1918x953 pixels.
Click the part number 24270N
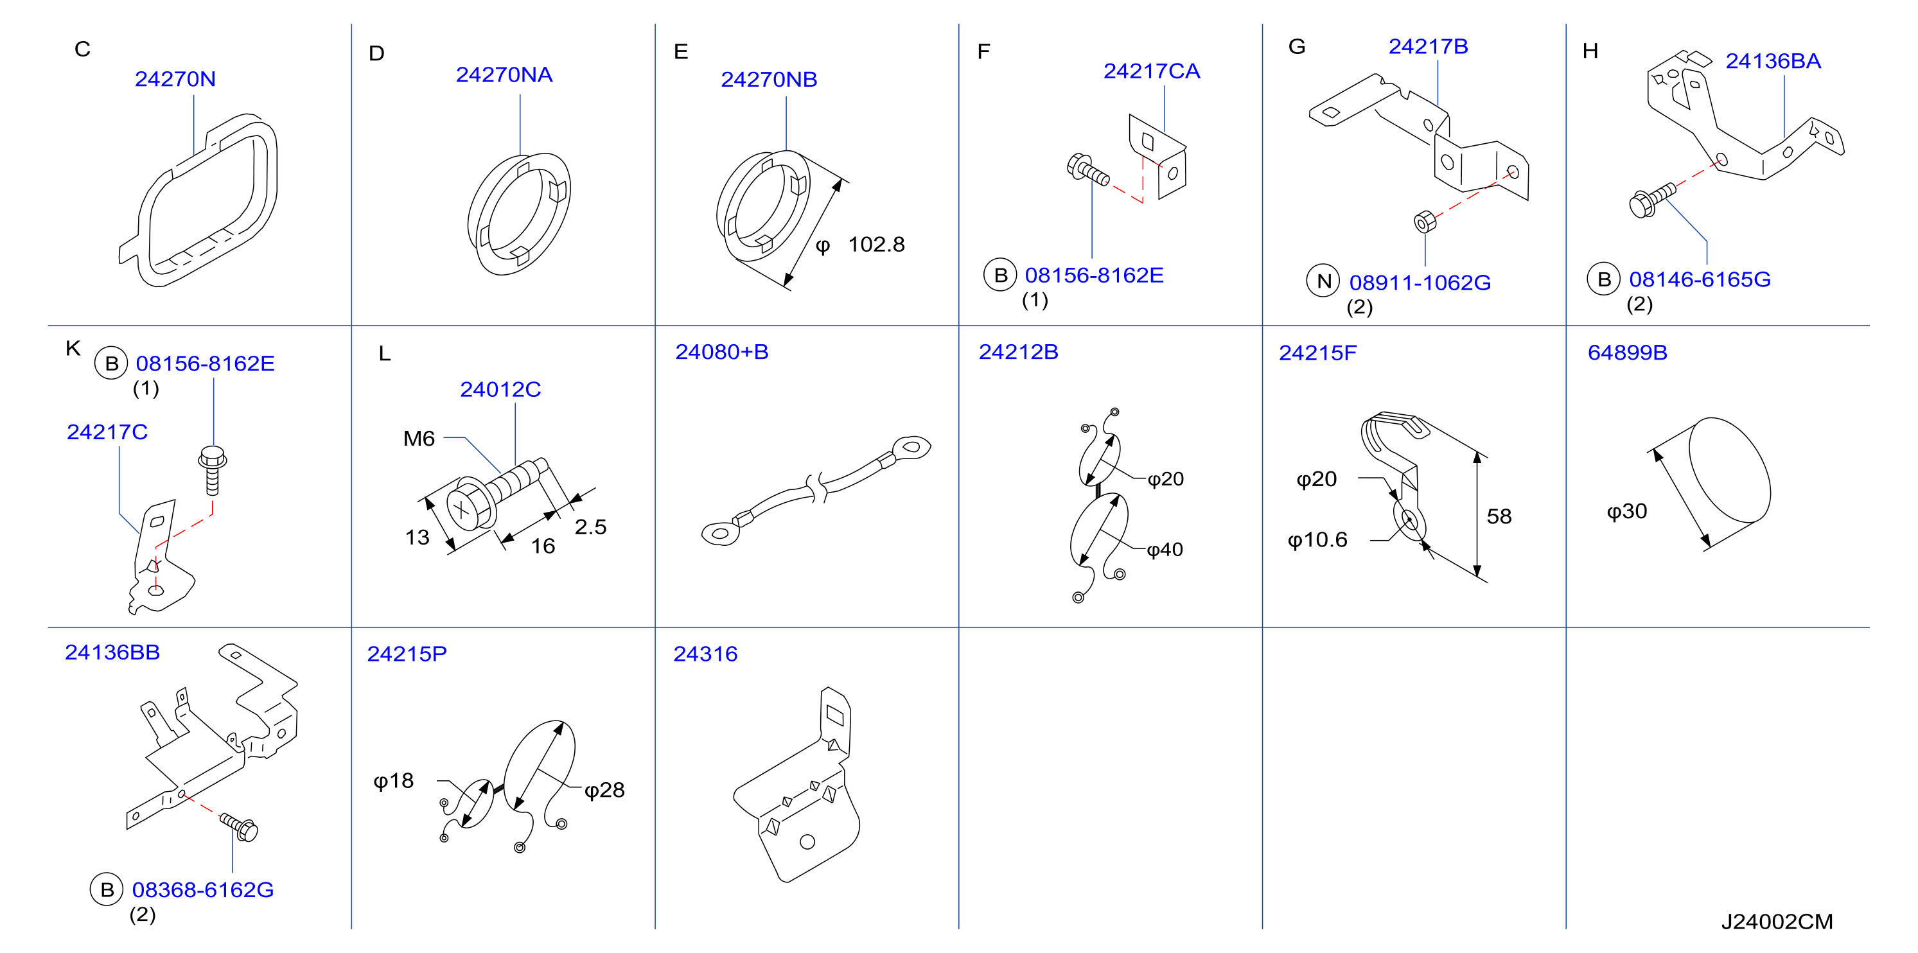(x=175, y=79)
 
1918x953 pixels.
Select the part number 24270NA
(x=504, y=74)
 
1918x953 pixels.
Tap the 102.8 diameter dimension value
(x=876, y=244)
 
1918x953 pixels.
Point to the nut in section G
(x=1424, y=221)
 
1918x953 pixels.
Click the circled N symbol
(x=1323, y=281)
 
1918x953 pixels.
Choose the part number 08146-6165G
(x=1700, y=279)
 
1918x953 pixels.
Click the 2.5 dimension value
(x=590, y=527)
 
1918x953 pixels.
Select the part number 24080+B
(x=721, y=351)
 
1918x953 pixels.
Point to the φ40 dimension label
(x=1165, y=550)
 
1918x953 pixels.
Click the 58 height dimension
(x=1499, y=516)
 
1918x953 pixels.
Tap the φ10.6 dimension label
(x=1317, y=540)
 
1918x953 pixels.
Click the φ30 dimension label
(x=1627, y=511)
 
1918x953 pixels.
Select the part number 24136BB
(x=112, y=652)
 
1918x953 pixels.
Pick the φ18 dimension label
(x=393, y=780)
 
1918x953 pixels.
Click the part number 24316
(x=705, y=654)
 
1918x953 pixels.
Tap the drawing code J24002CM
(x=1777, y=922)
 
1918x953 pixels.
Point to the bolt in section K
(x=212, y=470)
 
